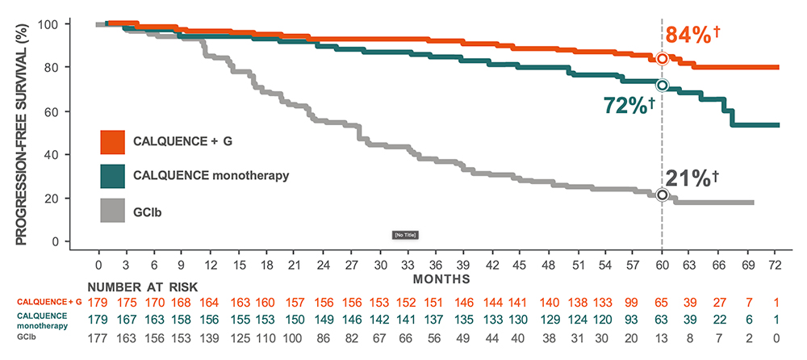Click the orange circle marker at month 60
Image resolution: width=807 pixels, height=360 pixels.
[663, 58]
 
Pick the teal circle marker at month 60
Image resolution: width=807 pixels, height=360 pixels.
[663, 85]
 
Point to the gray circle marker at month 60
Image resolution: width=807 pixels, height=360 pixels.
[663, 195]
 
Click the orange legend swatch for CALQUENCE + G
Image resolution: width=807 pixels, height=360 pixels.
[112, 141]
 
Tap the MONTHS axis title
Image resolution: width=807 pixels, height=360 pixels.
[441, 279]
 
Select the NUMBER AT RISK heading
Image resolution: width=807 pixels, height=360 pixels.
[142, 287]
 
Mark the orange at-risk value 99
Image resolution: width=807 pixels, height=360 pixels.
[631, 302]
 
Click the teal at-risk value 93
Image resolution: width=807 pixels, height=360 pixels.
[631, 320]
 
